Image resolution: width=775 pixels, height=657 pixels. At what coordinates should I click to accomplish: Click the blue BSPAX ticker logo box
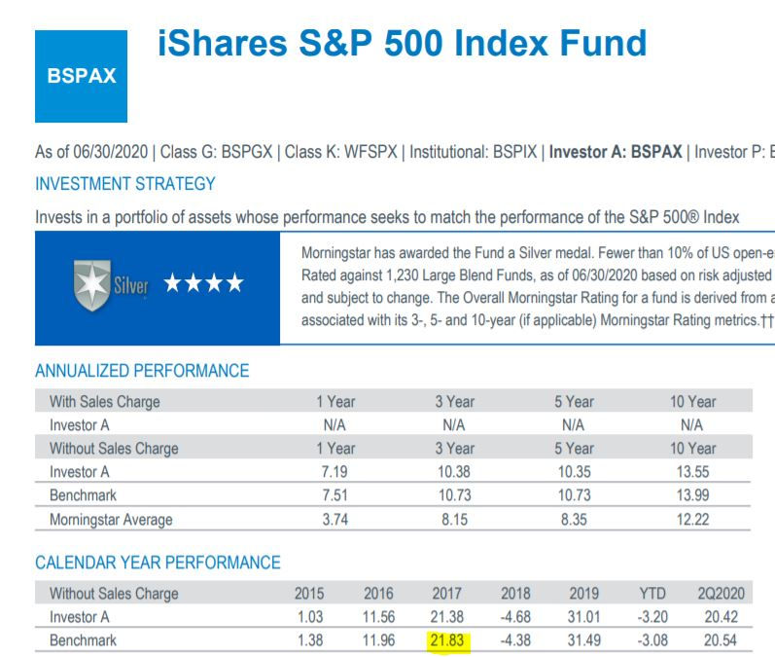point(81,76)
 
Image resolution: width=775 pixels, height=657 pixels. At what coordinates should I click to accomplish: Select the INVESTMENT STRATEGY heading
point(125,183)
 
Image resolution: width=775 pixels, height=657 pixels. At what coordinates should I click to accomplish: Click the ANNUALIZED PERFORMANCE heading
point(142,371)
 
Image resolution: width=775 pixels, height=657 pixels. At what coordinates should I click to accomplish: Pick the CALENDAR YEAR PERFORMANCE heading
point(158,563)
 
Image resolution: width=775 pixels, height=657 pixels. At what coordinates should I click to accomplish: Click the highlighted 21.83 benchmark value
point(449,640)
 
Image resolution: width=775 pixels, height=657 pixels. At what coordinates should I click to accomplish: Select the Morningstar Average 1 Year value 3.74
point(335,520)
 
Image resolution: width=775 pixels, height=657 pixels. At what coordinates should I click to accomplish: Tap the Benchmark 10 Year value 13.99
point(693,496)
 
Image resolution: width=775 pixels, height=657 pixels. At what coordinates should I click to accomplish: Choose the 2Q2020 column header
point(719,593)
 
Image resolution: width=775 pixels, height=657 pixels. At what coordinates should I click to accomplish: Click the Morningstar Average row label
point(111,520)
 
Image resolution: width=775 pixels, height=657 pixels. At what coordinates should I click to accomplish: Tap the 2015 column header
point(309,593)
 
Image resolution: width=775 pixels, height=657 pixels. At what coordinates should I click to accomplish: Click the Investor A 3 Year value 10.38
point(454,472)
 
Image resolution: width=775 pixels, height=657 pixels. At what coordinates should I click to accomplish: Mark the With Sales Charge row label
point(105,401)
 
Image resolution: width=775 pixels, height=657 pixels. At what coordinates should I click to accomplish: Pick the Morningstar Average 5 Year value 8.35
point(574,520)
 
